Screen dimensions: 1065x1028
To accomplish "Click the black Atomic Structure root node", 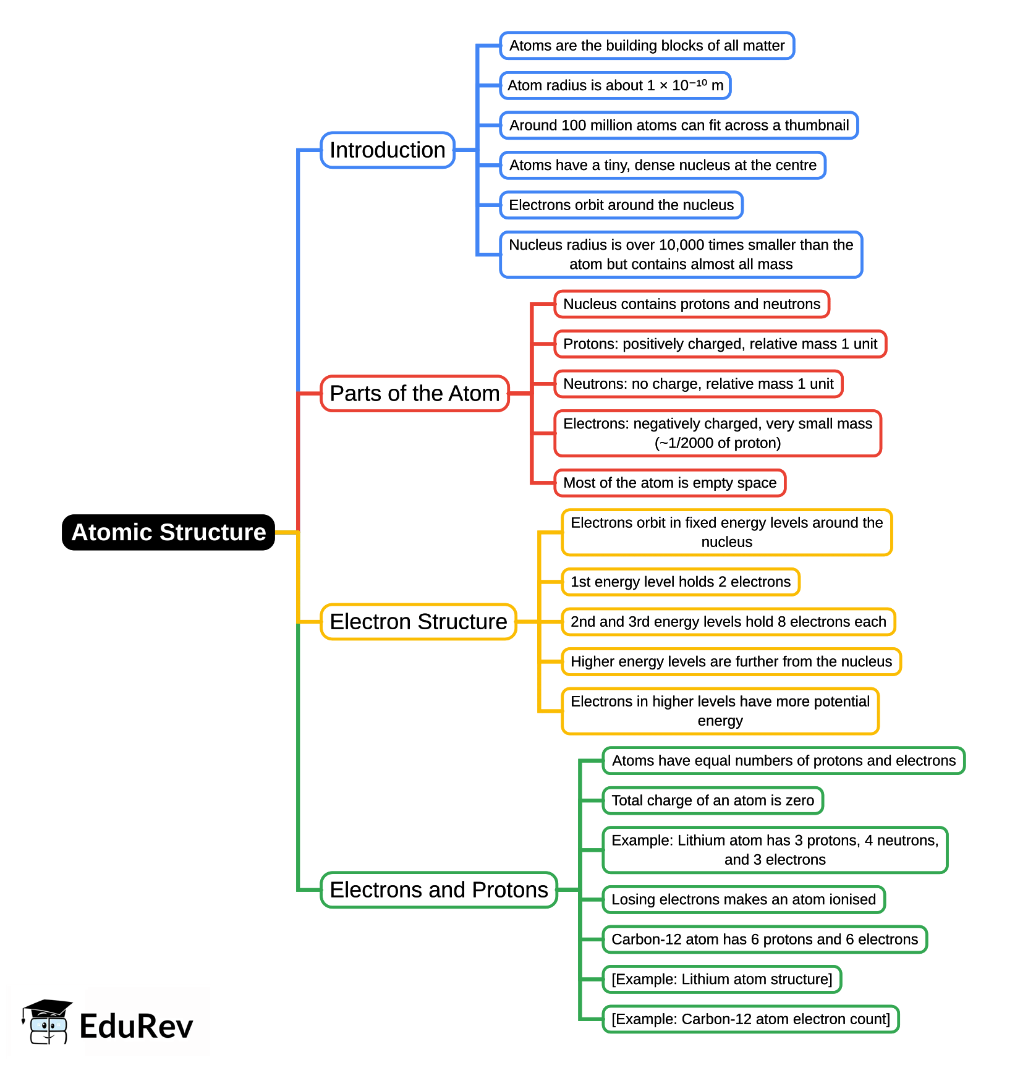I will (168, 532).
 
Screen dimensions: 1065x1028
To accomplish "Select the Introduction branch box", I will (388, 150).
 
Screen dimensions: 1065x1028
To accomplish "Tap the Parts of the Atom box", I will (414, 394).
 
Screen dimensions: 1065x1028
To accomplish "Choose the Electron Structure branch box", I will (418, 622).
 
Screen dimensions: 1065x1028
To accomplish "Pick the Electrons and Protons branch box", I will (439, 890).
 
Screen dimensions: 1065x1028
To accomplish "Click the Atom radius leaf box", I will (615, 85).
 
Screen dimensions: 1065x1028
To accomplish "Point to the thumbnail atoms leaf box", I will (679, 125).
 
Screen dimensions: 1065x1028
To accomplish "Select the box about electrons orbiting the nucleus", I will (621, 205).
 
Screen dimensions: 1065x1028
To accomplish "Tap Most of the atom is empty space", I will (669, 483).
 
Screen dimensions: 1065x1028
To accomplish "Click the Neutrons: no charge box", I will (699, 384).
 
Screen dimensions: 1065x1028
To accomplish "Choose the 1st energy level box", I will (681, 582).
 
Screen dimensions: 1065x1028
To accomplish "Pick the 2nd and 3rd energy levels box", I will (728, 622).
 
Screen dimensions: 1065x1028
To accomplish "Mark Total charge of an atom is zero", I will (713, 800).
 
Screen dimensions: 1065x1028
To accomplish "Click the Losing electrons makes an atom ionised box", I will (744, 899).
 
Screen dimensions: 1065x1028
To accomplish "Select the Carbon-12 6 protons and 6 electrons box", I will (765, 940).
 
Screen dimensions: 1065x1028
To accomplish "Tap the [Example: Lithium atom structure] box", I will (722, 979).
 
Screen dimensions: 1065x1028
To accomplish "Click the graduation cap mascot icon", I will (47, 1021).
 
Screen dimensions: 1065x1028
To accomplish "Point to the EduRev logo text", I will (137, 1026).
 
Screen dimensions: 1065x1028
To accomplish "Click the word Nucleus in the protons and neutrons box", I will (590, 304).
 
